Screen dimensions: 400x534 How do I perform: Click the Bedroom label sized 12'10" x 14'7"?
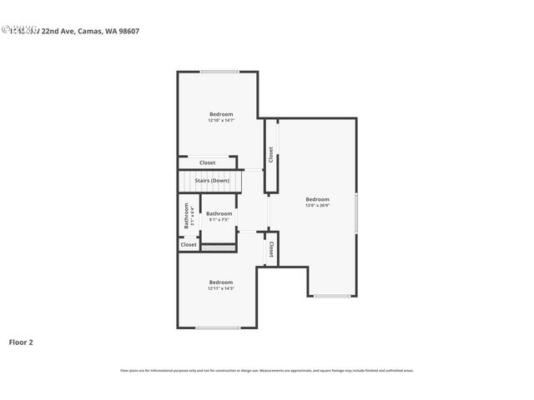(x=221, y=114)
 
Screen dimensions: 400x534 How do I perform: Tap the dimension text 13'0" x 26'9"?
(x=317, y=205)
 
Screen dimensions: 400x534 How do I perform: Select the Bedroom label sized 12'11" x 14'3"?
(x=221, y=282)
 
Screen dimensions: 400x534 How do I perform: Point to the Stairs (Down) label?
(x=212, y=180)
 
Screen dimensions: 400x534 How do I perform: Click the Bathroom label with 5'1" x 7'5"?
(x=219, y=213)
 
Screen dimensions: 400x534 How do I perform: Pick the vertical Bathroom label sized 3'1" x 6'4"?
(x=188, y=216)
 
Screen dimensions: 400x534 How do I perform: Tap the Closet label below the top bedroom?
(x=207, y=162)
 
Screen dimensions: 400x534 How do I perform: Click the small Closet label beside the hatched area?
(x=189, y=245)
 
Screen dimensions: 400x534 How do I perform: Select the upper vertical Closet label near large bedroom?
(x=270, y=155)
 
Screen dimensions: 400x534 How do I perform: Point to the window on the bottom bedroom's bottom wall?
(x=219, y=327)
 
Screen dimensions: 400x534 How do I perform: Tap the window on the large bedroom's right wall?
(x=356, y=212)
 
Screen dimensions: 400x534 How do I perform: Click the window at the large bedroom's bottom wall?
(x=332, y=296)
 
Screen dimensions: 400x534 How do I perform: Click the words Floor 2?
(x=21, y=342)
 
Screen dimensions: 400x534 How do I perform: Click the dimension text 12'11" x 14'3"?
(x=221, y=288)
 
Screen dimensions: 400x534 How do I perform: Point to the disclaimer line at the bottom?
(x=266, y=370)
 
